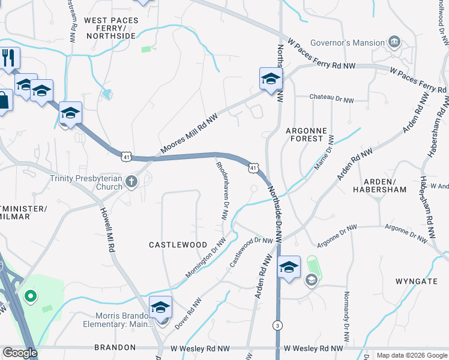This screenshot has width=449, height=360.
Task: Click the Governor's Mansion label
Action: (347, 43)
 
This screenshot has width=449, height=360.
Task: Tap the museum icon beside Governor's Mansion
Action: (394, 42)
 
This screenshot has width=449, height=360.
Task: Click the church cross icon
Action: (131, 182)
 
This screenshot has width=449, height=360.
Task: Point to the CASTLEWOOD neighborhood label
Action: (178, 245)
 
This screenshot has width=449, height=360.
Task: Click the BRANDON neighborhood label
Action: (115, 347)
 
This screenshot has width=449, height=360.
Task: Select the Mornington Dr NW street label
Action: (205, 257)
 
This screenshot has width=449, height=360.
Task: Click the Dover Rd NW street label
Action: (186, 314)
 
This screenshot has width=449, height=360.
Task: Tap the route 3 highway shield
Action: (277, 325)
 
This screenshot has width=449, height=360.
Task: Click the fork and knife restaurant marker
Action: (8, 58)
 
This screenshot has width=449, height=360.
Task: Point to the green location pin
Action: (29, 296)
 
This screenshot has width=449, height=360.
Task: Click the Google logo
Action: (20, 353)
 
